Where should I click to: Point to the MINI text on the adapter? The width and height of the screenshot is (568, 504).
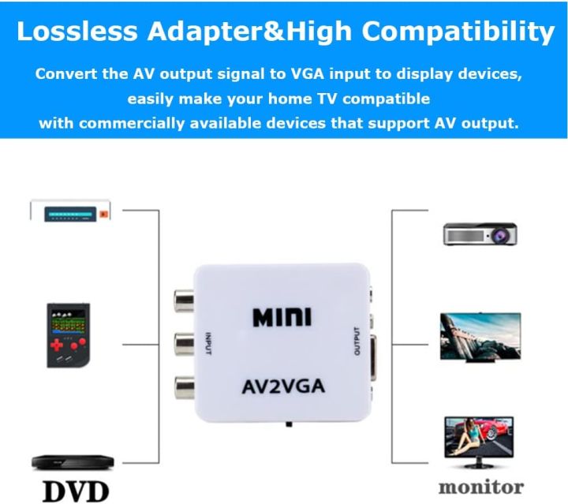[x=282, y=317]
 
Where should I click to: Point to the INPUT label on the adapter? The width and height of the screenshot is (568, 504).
[x=208, y=344]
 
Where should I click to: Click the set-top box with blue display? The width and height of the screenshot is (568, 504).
[x=70, y=211]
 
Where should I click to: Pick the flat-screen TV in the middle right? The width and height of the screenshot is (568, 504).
[x=480, y=337]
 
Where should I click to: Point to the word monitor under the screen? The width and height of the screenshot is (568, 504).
[x=480, y=486]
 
